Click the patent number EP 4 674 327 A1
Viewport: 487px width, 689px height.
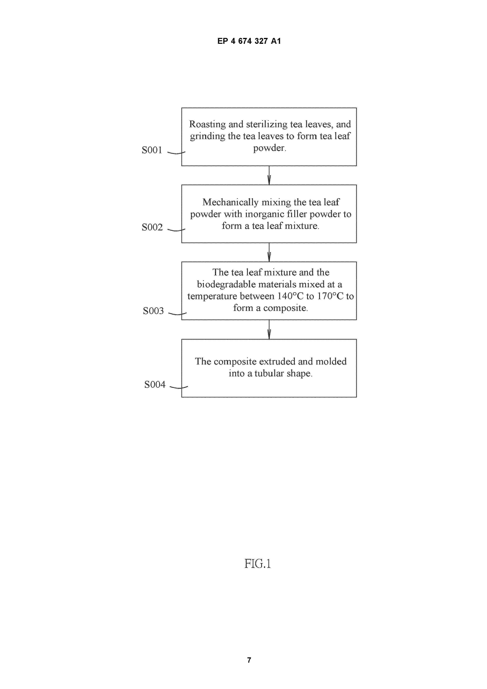[249, 41]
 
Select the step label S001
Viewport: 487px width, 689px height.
[152, 150]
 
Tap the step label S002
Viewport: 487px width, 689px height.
[152, 227]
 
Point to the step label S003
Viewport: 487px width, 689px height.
[153, 311]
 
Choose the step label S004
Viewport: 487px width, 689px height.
[155, 384]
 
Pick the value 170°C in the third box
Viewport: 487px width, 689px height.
[330, 296]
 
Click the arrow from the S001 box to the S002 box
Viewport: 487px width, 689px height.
[269, 176]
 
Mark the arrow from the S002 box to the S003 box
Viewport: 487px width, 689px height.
[269, 252]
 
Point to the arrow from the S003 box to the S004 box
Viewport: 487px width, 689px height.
[269, 330]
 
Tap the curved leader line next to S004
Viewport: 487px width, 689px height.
[179, 387]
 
